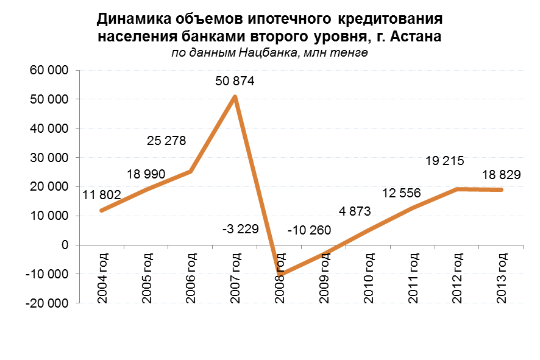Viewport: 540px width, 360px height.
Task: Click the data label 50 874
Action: tap(235, 81)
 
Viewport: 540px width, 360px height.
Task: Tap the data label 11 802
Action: tap(102, 195)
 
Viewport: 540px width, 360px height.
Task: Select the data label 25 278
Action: tap(166, 141)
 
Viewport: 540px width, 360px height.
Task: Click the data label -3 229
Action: tap(240, 229)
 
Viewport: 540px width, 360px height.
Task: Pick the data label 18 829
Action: tap(500, 175)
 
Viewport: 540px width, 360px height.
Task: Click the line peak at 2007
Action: tap(235, 96)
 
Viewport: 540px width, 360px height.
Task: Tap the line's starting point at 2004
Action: tap(101, 211)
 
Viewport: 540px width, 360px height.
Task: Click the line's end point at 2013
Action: tap(501, 190)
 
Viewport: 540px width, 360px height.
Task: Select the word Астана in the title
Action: tap(415, 36)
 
